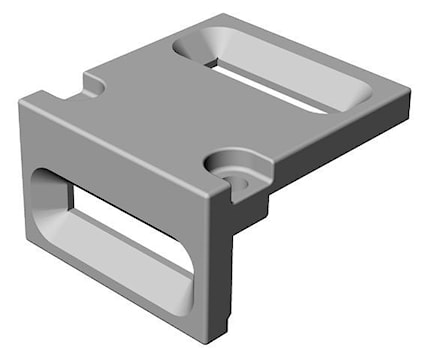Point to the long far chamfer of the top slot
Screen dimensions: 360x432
click(290, 50)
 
